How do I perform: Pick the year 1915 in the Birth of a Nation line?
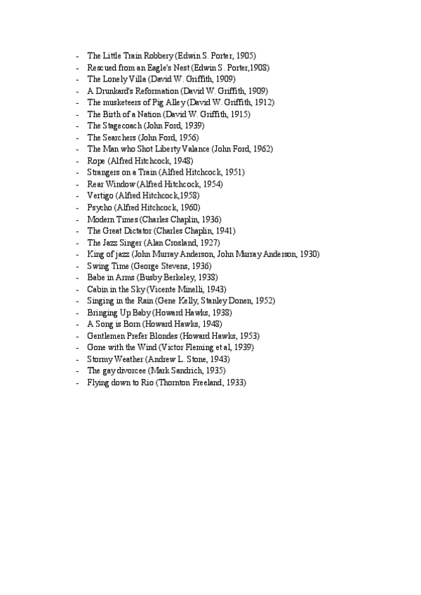[239, 114]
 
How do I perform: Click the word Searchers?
[119, 138]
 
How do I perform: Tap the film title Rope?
[97, 161]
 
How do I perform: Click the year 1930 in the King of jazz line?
[309, 253]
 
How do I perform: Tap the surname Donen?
[241, 300]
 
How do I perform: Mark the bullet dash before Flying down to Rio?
[77, 382]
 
